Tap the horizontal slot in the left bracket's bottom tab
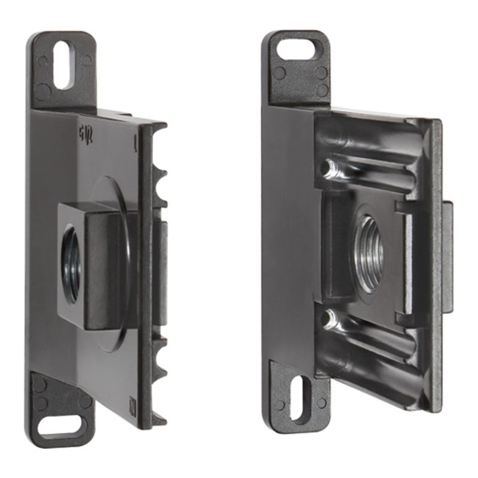[x=60, y=426]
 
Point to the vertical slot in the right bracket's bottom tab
[x=301, y=397]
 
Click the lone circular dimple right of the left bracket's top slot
[x=87, y=60]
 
